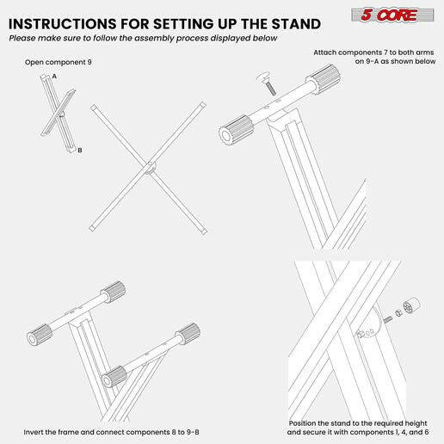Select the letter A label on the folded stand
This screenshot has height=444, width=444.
[54, 77]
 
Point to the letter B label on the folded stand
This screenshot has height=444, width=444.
[79, 151]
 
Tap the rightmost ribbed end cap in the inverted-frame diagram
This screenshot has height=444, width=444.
[188, 331]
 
